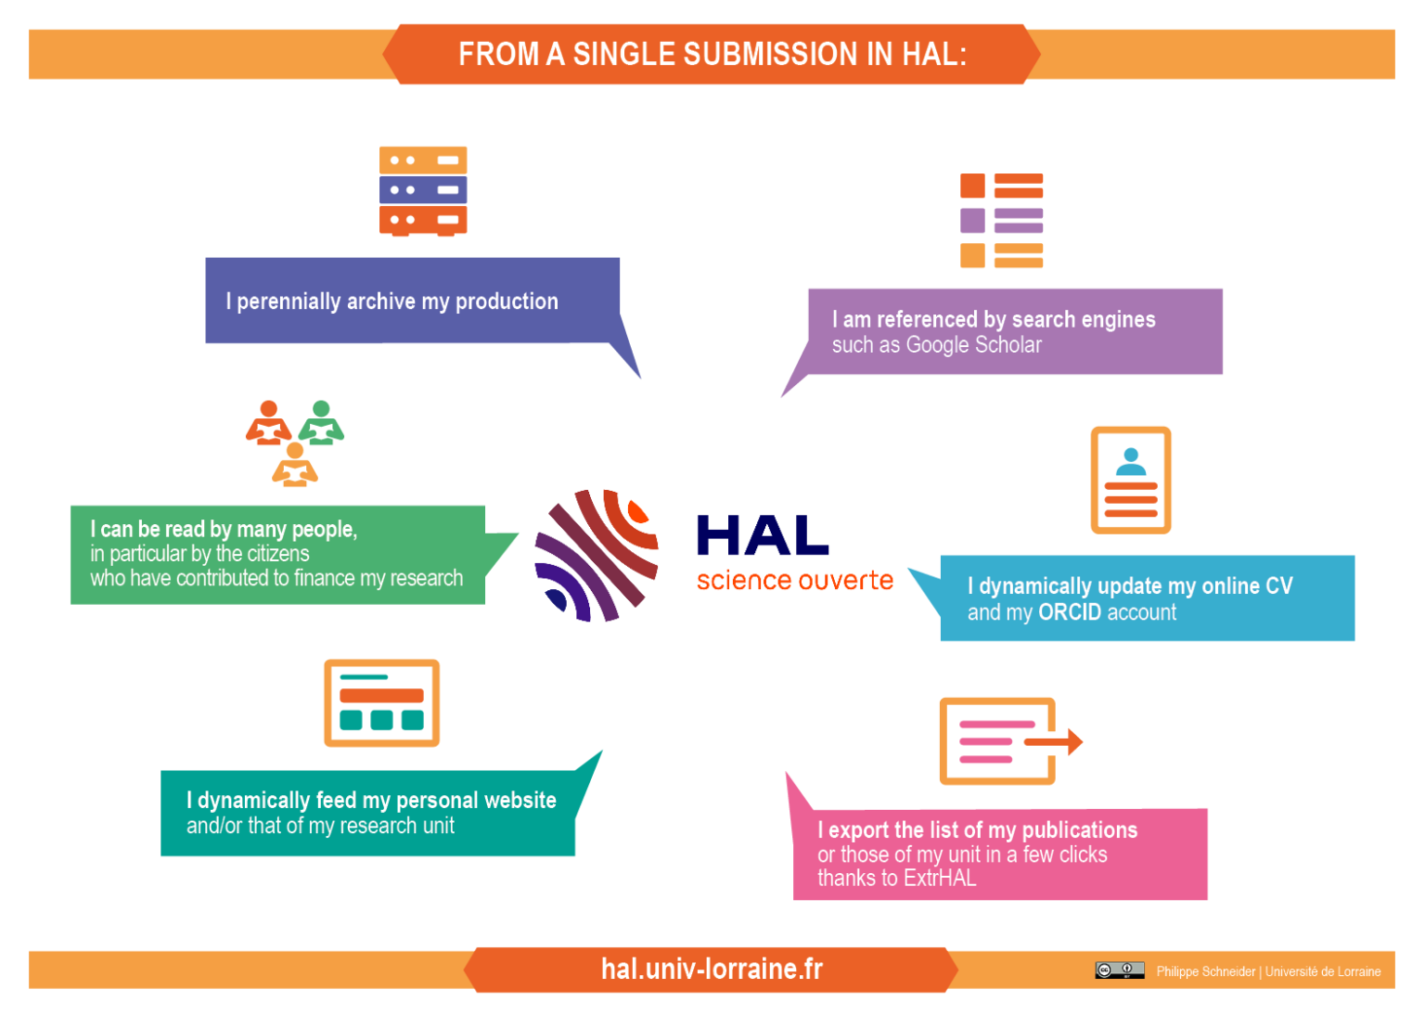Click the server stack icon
pos(422,190)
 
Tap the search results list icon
pos(1001,221)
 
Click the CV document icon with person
pos(1130,481)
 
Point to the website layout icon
pos(381,703)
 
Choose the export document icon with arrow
pos(1009,741)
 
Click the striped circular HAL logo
pos(596,556)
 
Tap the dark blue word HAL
pos(763,536)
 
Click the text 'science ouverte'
pos(794,581)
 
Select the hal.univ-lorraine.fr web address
pos(712,969)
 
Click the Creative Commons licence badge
pos(1119,970)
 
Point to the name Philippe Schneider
pos(1205,971)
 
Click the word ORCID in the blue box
pos(1070,612)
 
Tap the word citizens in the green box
pos(278,554)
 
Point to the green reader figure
pos(321,422)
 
